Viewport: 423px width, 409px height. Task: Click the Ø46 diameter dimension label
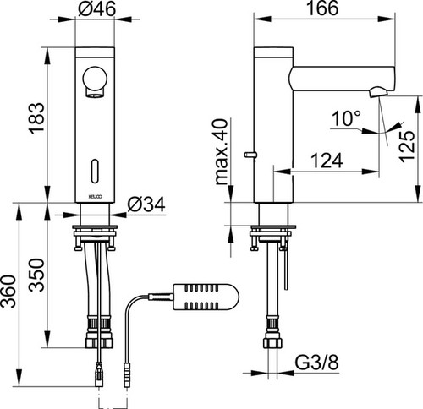(96, 8)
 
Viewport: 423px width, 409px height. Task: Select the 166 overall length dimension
(322, 8)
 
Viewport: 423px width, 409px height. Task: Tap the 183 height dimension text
(36, 117)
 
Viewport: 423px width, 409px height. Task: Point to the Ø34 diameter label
(146, 204)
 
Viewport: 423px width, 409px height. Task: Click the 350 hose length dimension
(37, 275)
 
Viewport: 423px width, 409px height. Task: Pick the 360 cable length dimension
(8, 292)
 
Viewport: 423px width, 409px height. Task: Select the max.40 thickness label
(221, 152)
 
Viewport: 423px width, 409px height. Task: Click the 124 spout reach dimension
(327, 161)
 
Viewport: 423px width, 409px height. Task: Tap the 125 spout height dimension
(408, 146)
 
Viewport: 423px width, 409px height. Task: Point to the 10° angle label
(346, 118)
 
